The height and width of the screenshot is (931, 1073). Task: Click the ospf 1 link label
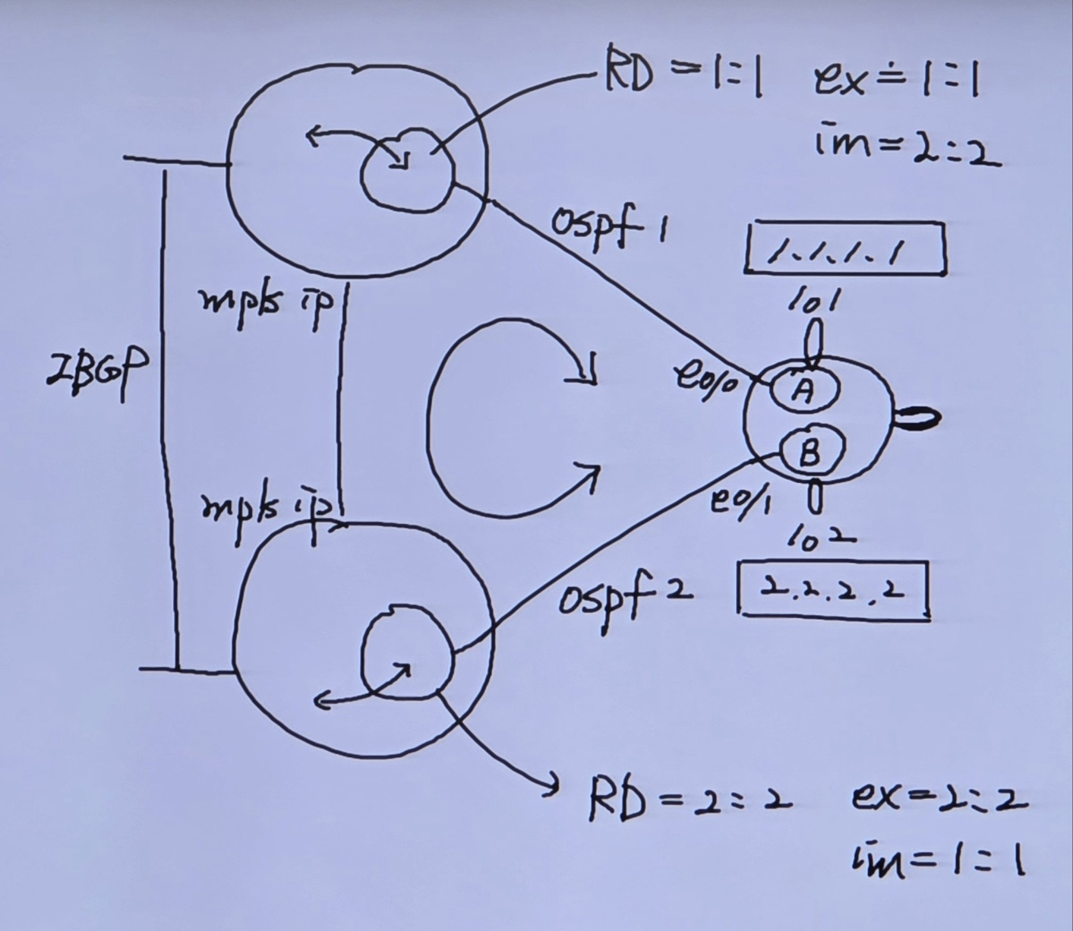pos(608,226)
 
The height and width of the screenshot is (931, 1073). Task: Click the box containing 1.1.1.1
pos(845,248)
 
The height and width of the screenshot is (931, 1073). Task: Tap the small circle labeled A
pos(804,389)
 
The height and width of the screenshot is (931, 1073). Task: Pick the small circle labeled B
pos(809,453)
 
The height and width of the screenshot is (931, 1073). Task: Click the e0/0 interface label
pos(707,377)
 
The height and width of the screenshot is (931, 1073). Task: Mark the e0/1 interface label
pos(740,502)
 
